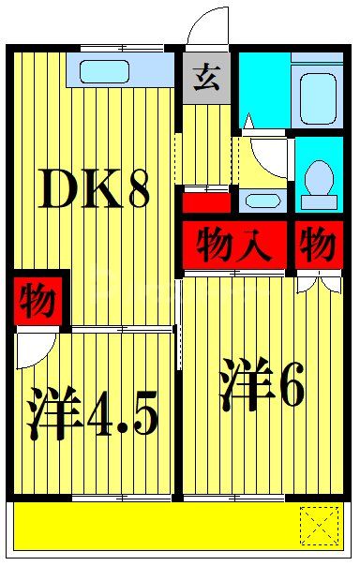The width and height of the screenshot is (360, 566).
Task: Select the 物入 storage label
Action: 234,246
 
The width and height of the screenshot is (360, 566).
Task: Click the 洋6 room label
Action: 262,387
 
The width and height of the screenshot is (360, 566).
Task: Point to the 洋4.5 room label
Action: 91,412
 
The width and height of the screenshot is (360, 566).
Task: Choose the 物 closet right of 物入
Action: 318,246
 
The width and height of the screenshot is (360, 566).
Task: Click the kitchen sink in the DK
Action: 105,72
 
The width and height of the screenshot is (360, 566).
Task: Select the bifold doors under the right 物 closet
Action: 319,281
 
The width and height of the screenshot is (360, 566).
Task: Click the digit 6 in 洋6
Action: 290,389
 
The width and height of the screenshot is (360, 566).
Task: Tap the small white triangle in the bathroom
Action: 249,122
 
